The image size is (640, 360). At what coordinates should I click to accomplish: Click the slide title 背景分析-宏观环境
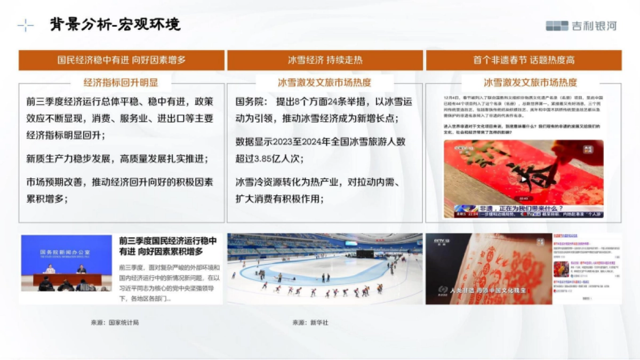(115, 25)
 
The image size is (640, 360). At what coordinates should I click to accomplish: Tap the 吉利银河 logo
(581, 25)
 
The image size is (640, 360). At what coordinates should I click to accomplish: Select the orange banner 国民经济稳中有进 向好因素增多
(122, 60)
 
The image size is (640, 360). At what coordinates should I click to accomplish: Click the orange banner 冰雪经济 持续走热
(325, 60)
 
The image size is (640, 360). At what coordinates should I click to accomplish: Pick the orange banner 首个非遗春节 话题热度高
(523, 60)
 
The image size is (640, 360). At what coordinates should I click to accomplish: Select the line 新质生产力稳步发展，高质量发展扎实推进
(117, 158)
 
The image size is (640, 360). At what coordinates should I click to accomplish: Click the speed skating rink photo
(325, 268)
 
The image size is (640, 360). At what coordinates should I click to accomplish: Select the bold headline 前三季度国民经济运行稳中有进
(168, 246)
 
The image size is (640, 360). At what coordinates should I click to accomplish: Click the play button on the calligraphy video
(524, 179)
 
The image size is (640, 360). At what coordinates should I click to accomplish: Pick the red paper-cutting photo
(489, 268)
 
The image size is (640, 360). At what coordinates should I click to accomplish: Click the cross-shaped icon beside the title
(26, 25)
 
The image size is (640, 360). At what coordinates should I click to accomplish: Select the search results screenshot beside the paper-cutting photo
(587, 268)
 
